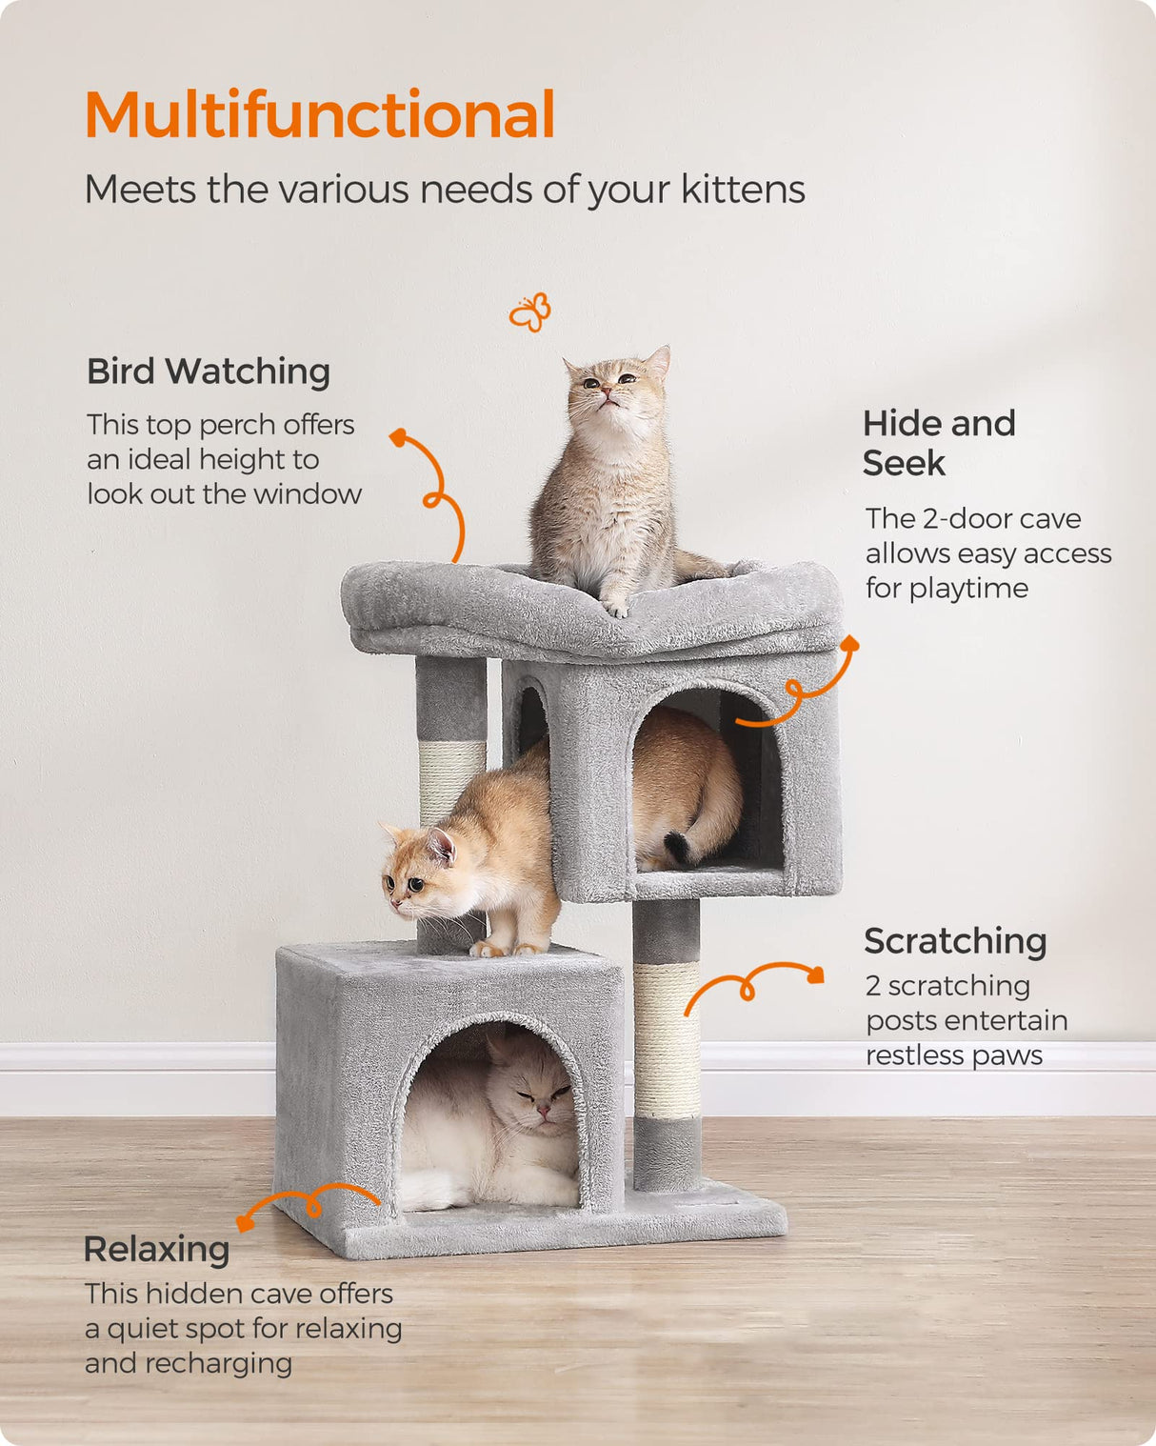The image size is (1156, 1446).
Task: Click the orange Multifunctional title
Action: pos(320,115)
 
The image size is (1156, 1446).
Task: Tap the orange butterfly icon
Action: pos(530,312)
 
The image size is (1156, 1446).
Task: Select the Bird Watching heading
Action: pos(209,372)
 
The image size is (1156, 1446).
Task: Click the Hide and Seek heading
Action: pos(938,443)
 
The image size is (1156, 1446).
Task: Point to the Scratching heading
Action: pos(955,941)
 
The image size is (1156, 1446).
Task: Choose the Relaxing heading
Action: pos(157,1249)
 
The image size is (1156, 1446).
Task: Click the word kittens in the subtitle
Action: pos(743,190)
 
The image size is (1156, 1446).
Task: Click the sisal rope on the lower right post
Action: pos(667,1038)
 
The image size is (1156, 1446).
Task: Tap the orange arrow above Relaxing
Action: pos(307,1202)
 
